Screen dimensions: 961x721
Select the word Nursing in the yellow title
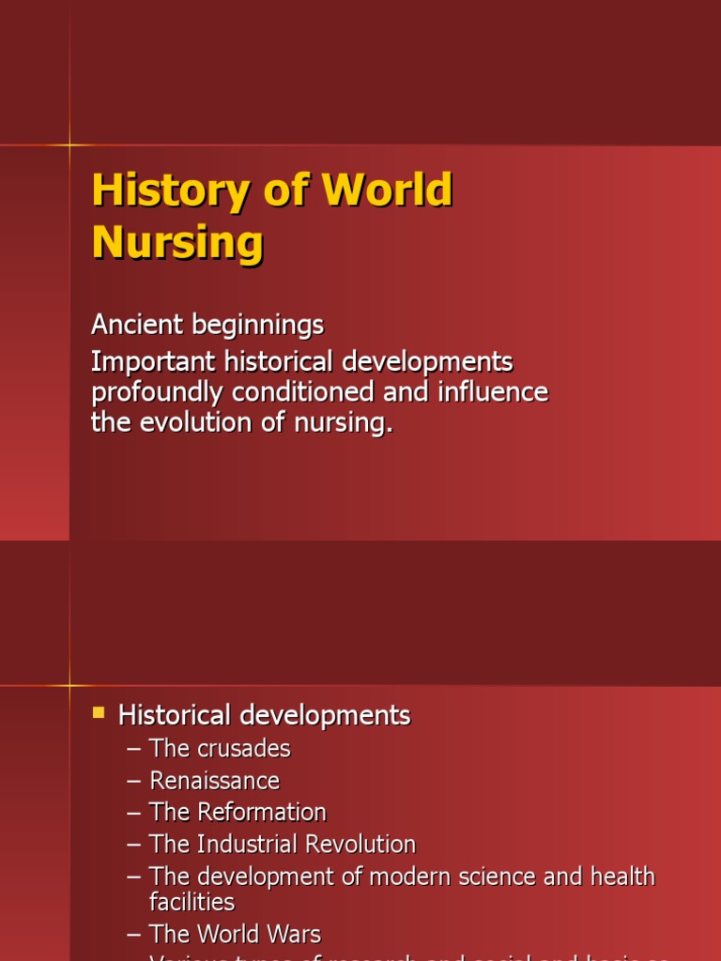point(177,242)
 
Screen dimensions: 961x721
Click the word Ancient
point(137,326)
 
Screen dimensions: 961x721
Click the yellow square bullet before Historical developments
point(99,713)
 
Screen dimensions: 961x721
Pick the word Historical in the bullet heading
point(175,716)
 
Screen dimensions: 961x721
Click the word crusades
point(244,749)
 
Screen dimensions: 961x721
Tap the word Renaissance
point(214,781)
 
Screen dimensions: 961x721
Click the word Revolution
point(356,844)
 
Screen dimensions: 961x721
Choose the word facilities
point(192,902)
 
